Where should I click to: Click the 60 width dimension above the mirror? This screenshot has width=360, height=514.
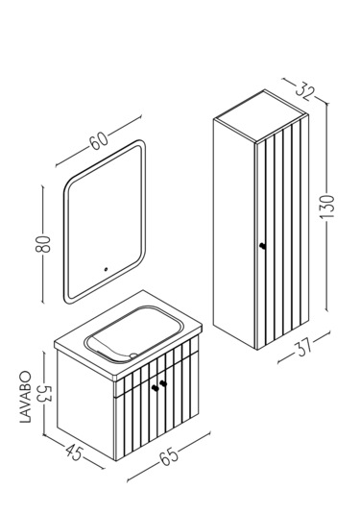[99, 140]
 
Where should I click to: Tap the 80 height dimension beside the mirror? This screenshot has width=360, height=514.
[43, 244]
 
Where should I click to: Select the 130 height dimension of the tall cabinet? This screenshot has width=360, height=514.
[327, 207]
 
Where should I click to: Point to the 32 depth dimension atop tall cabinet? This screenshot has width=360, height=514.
[304, 87]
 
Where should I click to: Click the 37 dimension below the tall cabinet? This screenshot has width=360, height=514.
[304, 348]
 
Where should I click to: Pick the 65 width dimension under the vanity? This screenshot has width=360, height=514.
[169, 455]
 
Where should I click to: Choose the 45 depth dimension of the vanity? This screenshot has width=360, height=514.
[74, 453]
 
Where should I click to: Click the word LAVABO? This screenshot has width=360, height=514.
[26, 397]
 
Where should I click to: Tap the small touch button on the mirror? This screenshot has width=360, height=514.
[106, 270]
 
